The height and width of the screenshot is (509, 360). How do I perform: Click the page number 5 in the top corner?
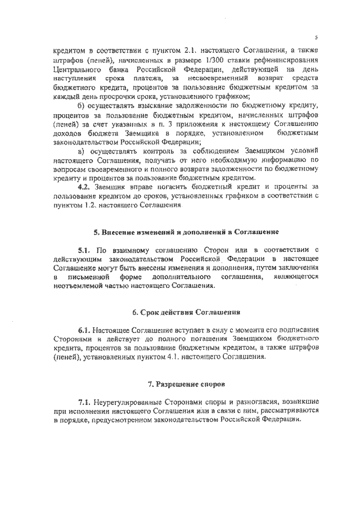click(x=316, y=38)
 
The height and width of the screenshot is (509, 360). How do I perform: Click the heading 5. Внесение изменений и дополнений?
click(x=186, y=231)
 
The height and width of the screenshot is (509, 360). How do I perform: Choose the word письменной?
click(x=91, y=276)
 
